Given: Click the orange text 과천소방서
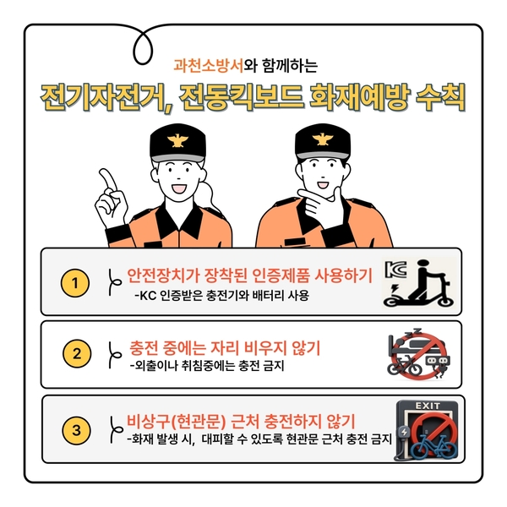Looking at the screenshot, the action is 208,65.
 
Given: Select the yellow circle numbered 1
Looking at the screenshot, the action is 75,283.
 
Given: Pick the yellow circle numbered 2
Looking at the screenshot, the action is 77,353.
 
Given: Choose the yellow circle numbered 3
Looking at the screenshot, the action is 77,430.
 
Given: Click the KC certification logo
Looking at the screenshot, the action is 395,269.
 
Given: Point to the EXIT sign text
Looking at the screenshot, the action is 428,406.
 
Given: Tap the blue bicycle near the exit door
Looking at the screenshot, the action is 434,446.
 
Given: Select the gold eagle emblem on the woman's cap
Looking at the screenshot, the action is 177,140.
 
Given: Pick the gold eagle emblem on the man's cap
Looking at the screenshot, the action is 322,139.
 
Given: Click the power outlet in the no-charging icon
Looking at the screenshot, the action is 437,361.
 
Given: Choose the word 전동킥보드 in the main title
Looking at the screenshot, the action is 241,97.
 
